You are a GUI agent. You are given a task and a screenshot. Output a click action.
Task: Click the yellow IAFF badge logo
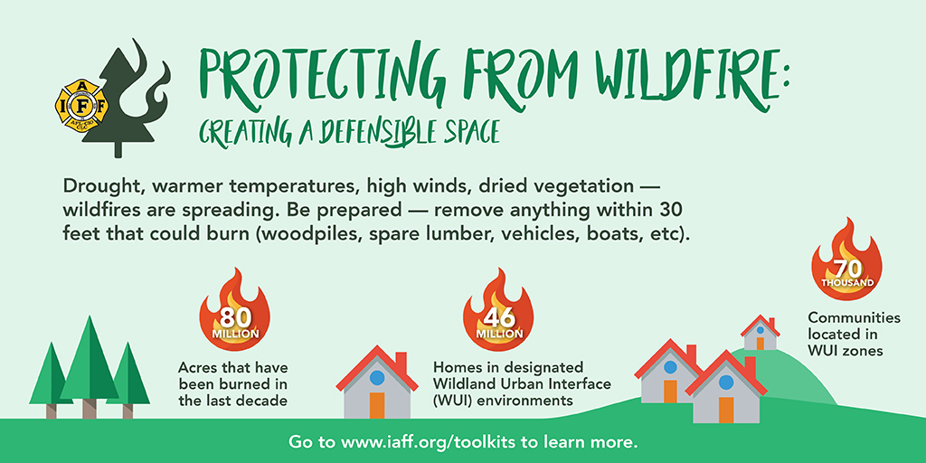pyautogui.click(x=82, y=105)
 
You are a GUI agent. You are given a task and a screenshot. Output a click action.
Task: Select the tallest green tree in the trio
pyautogui.click(x=90, y=367)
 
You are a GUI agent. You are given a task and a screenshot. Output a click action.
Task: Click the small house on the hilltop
pyautogui.click(x=760, y=333)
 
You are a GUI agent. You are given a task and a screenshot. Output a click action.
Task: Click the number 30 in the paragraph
pyautogui.click(x=673, y=210)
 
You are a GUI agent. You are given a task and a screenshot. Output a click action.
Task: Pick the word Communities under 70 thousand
pyautogui.click(x=854, y=317)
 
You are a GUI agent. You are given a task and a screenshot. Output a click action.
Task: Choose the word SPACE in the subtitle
pyautogui.click(x=469, y=132)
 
